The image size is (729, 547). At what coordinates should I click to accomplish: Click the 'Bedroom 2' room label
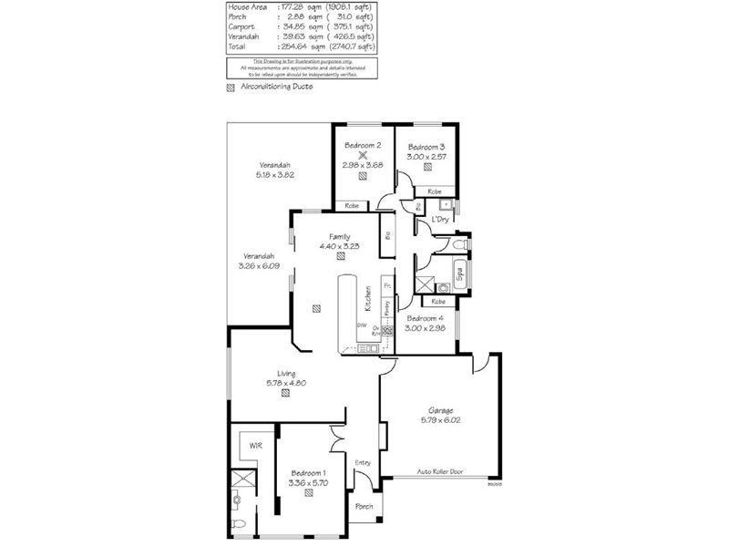point(362,145)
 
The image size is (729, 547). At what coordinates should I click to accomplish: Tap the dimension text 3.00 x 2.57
point(426,158)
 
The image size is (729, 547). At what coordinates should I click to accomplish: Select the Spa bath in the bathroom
point(459,273)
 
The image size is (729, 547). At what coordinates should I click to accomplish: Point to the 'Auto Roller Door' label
point(441,471)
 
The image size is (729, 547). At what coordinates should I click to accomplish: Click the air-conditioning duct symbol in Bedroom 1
point(310,492)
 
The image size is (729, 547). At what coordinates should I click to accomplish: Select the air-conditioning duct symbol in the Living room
point(285,394)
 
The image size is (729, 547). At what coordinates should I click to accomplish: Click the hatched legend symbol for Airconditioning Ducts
point(230,88)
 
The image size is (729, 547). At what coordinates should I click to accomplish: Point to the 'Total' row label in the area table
point(236,46)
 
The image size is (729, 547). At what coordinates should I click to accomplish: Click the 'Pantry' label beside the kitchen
point(386,310)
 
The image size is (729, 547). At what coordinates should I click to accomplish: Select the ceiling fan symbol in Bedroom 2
point(362,155)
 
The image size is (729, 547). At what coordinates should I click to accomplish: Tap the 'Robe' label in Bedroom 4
point(438,301)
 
